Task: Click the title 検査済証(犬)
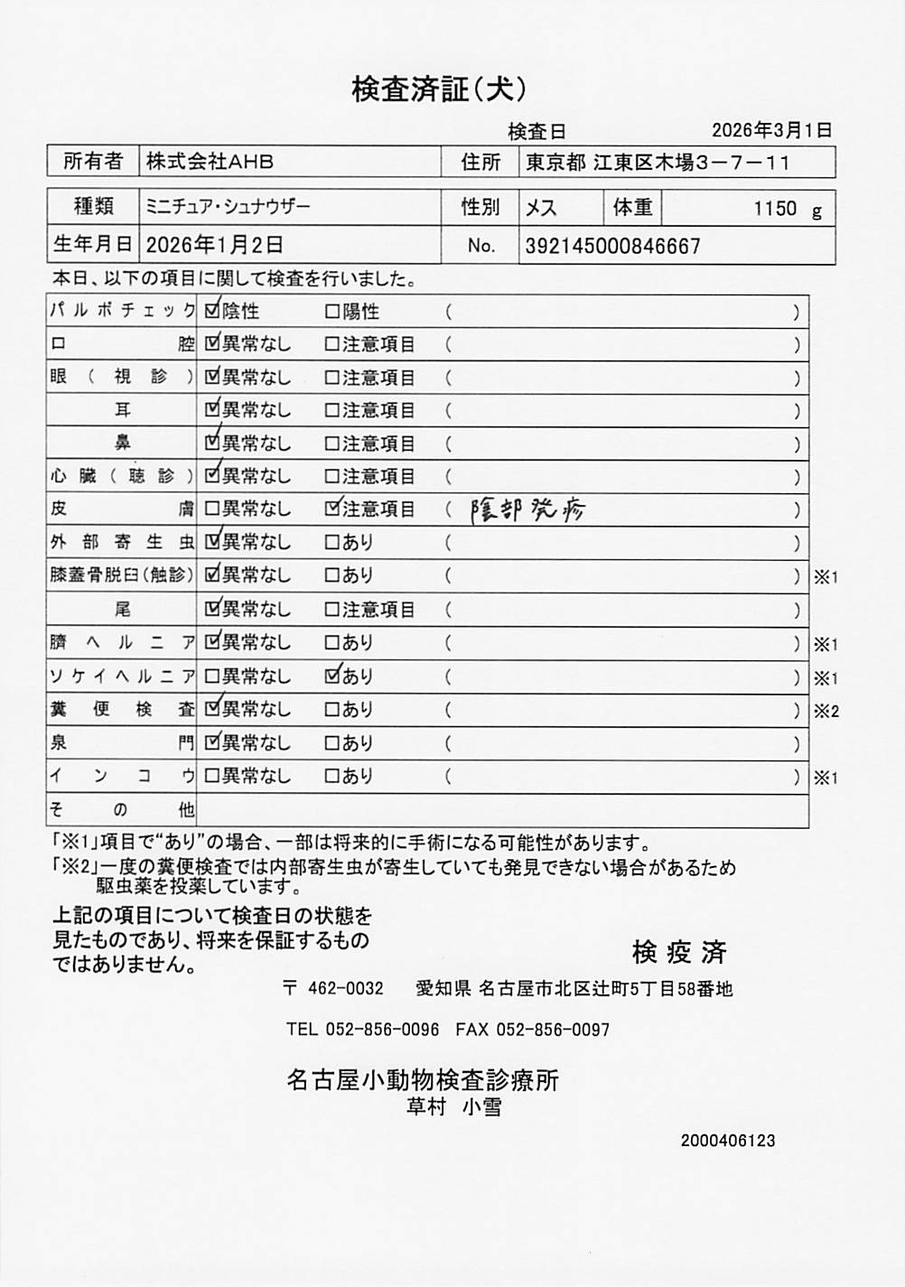(438, 89)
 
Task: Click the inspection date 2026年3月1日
(771, 130)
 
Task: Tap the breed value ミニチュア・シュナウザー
(228, 207)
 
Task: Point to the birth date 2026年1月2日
(214, 245)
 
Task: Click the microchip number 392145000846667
(612, 246)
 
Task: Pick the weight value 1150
(775, 209)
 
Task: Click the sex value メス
(541, 208)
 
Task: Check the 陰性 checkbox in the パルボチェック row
(212, 312)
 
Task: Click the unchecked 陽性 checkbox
(331, 312)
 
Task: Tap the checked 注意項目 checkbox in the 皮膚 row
(331, 508)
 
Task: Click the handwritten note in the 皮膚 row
(528, 510)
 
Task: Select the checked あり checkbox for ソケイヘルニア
(331, 675)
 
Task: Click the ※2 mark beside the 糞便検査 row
(826, 711)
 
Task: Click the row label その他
(121, 808)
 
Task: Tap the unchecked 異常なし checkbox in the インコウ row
(212, 776)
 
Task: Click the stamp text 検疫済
(679, 951)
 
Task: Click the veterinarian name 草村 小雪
(454, 1106)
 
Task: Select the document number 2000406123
(728, 1141)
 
